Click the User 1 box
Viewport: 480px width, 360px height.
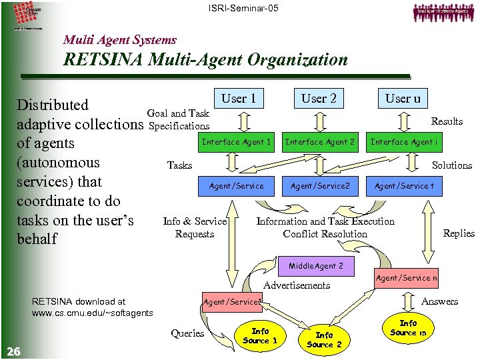coord(239,99)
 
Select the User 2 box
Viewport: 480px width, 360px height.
coord(319,99)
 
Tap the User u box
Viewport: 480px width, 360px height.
coord(403,99)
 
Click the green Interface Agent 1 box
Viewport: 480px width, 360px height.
coord(237,142)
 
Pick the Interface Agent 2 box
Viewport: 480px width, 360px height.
coord(320,142)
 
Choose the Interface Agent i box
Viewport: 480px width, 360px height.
coord(404,142)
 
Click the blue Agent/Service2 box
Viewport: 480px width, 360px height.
coord(320,186)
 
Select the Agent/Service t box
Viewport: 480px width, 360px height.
coord(404,186)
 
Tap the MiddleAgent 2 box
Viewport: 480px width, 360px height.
coord(316,266)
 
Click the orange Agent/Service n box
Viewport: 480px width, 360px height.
coord(407,278)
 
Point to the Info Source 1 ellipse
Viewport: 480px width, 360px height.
coord(260,335)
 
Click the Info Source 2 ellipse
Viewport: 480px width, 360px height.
coord(324,339)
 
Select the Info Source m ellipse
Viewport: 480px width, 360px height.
coord(408,328)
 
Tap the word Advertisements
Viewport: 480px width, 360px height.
coord(297,285)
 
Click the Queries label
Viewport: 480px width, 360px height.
coord(187,333)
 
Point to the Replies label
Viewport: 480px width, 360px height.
coord(459,233)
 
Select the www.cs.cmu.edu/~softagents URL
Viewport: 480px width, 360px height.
coord(92,313)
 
